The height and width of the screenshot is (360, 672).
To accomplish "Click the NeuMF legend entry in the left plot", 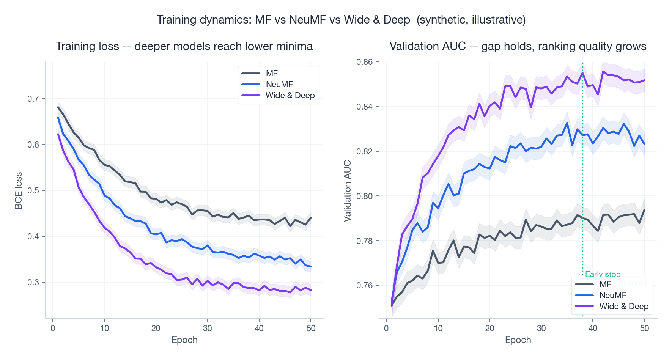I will [279, 84].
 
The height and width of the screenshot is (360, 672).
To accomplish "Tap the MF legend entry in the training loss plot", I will [272, 74].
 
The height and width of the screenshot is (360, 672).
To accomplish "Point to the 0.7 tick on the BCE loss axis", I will [33, 99].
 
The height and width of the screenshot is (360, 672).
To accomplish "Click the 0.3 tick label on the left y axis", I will [33, 282].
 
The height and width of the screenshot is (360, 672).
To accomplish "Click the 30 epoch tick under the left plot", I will [207, 329].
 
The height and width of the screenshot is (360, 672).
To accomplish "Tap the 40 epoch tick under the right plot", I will [593, 329].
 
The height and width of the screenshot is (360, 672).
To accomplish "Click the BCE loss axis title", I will [19, 191].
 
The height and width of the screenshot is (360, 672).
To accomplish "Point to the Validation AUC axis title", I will [347, 191].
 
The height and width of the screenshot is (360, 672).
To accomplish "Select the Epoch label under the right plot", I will [518, 340].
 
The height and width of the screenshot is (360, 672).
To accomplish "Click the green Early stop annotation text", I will [603, 274].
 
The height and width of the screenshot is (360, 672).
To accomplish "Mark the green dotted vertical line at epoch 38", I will [582, 171].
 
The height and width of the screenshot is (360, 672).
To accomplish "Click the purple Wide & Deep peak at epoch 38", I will [582, 73].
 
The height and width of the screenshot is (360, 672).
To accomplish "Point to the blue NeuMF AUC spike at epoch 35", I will [567, 123].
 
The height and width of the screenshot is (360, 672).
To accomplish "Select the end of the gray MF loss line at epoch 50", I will [311, 218].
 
